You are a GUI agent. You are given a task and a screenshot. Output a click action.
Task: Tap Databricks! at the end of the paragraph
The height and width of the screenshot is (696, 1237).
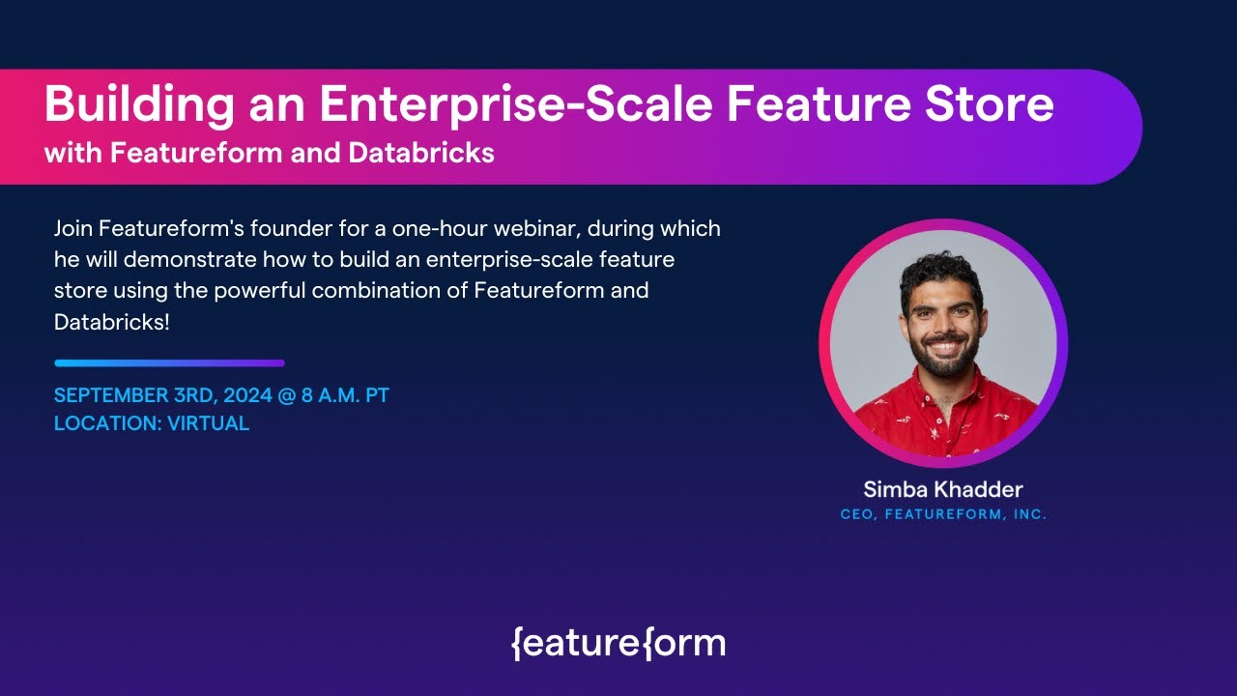coord(112,322)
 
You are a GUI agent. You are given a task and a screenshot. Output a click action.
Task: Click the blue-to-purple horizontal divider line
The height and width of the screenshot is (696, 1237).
coord(169,363)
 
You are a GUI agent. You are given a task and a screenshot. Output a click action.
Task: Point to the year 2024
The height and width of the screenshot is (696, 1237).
coord(248,395)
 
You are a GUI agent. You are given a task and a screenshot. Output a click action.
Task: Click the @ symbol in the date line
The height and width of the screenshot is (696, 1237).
coord(287,395)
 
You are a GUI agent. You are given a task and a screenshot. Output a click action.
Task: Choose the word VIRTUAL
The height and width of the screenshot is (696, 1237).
coord(210,423)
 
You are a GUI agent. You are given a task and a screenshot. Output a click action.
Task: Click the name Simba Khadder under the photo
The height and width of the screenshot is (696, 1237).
coord(943,489)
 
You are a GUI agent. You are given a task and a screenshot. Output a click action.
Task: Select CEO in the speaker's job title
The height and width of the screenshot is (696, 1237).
coord(856,515)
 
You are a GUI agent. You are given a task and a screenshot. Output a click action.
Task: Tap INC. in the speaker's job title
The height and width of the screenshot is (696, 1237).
coord(1030,515)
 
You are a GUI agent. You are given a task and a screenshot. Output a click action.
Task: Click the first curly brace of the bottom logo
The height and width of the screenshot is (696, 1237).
coord(516,643)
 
